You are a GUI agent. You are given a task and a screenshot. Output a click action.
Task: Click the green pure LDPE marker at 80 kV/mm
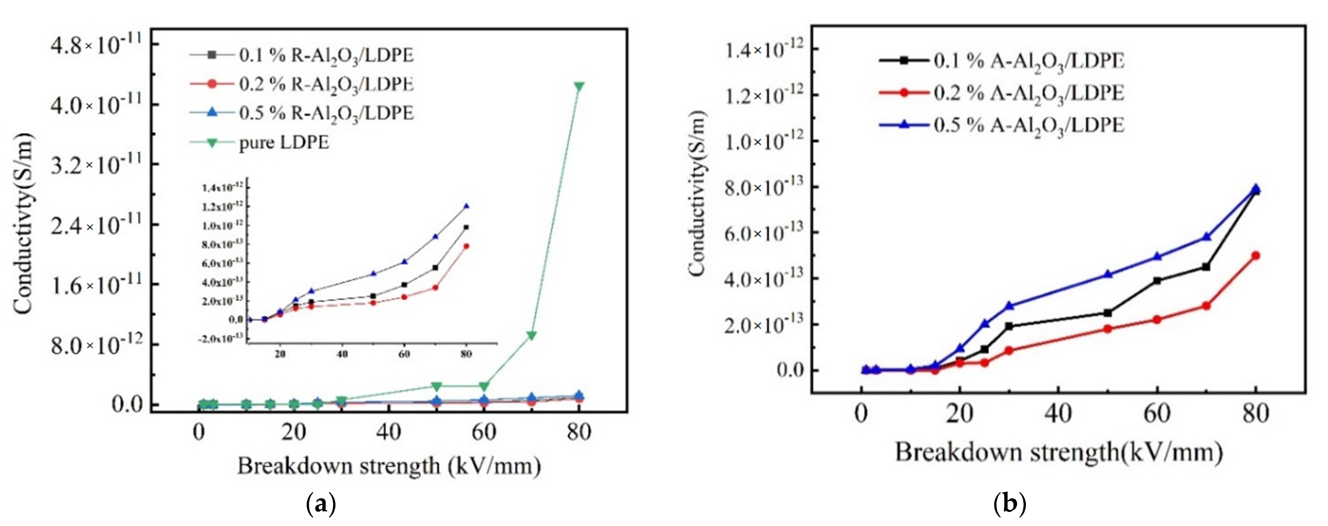pyautogui.click(x=579, y=86)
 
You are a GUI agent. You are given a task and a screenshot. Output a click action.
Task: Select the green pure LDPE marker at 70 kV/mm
pyautogui.click(x=532, y=335)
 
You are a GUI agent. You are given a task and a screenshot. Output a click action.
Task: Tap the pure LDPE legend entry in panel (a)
pyautogui.click(x=284, y=142)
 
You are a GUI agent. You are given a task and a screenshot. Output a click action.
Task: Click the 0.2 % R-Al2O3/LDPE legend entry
pyautogui.click(x=326, y=84)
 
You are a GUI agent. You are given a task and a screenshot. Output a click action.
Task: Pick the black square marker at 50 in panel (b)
pyautogui.click(x=1107, y=313)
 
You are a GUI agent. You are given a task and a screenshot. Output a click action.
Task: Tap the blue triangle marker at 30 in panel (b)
pyautogui.click(x=1009, y=306)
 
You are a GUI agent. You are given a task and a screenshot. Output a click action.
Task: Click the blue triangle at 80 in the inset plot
pyautogui.click(x=466, y=206)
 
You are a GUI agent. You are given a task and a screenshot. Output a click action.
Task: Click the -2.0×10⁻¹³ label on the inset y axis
pyautogui.click(x=223, y=339)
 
